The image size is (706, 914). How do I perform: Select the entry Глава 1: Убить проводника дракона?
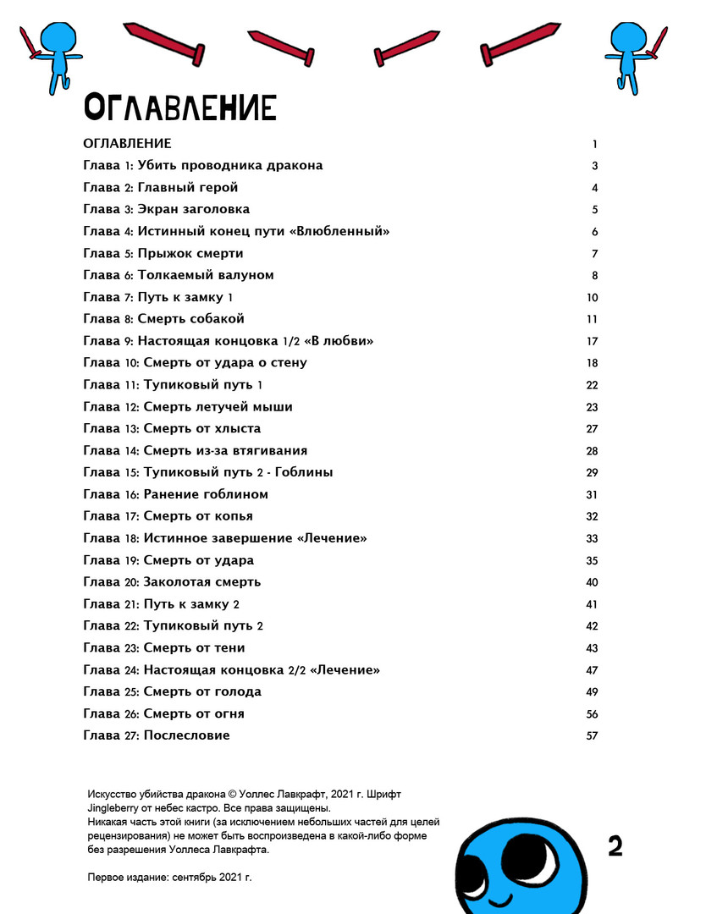203,166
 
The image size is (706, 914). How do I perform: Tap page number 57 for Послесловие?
592,735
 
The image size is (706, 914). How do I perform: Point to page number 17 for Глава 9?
592,341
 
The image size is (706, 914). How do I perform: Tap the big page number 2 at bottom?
615,846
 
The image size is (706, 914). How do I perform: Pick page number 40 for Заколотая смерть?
592,582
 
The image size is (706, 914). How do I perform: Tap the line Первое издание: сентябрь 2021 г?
169,878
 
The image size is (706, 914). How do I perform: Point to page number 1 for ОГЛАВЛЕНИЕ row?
595,144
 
